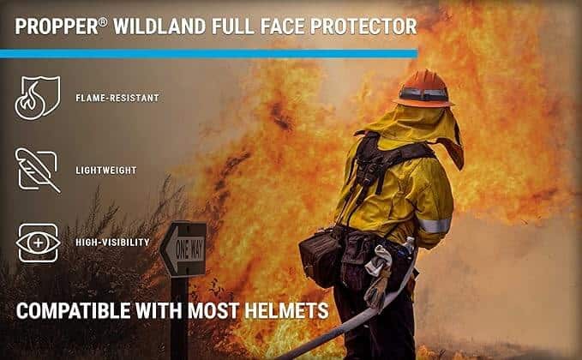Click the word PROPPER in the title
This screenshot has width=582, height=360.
(x=57, y=27)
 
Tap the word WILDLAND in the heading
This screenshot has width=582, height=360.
(x=159, y=27)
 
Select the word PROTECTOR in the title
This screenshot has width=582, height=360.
(x=363, y=27)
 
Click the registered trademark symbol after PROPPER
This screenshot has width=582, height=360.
(x=103, y=21)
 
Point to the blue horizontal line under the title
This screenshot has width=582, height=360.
(x=208, y=54)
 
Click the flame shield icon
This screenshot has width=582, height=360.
(x=38, y=98)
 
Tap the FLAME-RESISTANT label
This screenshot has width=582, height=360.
(x=117, y=98)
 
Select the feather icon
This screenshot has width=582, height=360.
(x=38, y=170)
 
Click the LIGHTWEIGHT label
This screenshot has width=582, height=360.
(x=106, y=171)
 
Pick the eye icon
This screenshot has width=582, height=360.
(x=39, y=243)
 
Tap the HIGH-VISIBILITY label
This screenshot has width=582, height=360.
(x=113, y=243)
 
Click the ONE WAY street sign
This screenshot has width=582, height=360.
(x=183, y=249)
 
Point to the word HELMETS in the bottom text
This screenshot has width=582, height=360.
(x=286, y=310)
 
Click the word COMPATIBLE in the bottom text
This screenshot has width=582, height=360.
(x=73, y=310)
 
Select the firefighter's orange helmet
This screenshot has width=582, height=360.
(x=423, y=88)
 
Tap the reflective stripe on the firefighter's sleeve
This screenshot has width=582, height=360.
(x=435, y=225)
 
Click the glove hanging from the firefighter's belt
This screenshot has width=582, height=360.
(x=378, y=277)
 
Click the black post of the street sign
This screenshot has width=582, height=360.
(x=180, y=318)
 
